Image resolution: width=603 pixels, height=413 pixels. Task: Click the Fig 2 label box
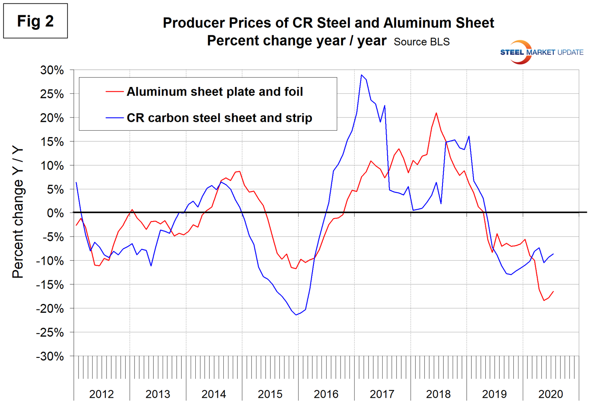[35, 21]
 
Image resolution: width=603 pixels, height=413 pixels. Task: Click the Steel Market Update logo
[541, 52]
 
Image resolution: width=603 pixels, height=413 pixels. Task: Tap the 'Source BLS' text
[421, 42]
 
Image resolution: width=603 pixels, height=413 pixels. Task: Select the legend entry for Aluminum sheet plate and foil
[214, 92]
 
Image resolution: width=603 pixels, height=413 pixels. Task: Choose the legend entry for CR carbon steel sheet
[219, 118]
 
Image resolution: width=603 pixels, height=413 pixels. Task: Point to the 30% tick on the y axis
[52, 70]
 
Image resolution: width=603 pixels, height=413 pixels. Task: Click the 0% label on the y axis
[55, 213]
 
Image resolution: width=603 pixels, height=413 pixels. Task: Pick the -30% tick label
[50, 356]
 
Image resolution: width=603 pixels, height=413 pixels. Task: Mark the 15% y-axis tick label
[52, 142]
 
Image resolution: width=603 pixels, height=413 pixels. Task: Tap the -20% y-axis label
[50, 309]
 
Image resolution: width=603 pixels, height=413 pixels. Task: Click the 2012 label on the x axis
[101, 394]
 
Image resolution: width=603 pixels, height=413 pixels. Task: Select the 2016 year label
[326, 394]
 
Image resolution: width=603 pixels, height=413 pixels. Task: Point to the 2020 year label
[550, 394]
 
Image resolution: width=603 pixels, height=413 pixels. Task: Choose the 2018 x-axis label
[438, 394]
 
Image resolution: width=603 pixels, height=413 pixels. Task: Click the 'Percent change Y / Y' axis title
[18, 212]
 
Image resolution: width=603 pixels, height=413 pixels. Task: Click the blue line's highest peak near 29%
[361, 75]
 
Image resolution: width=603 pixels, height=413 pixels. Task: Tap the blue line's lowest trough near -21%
[296, 315]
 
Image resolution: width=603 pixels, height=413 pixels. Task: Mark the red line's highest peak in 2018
[436, 113]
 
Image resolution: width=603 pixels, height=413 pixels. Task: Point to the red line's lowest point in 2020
[544, 301]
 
